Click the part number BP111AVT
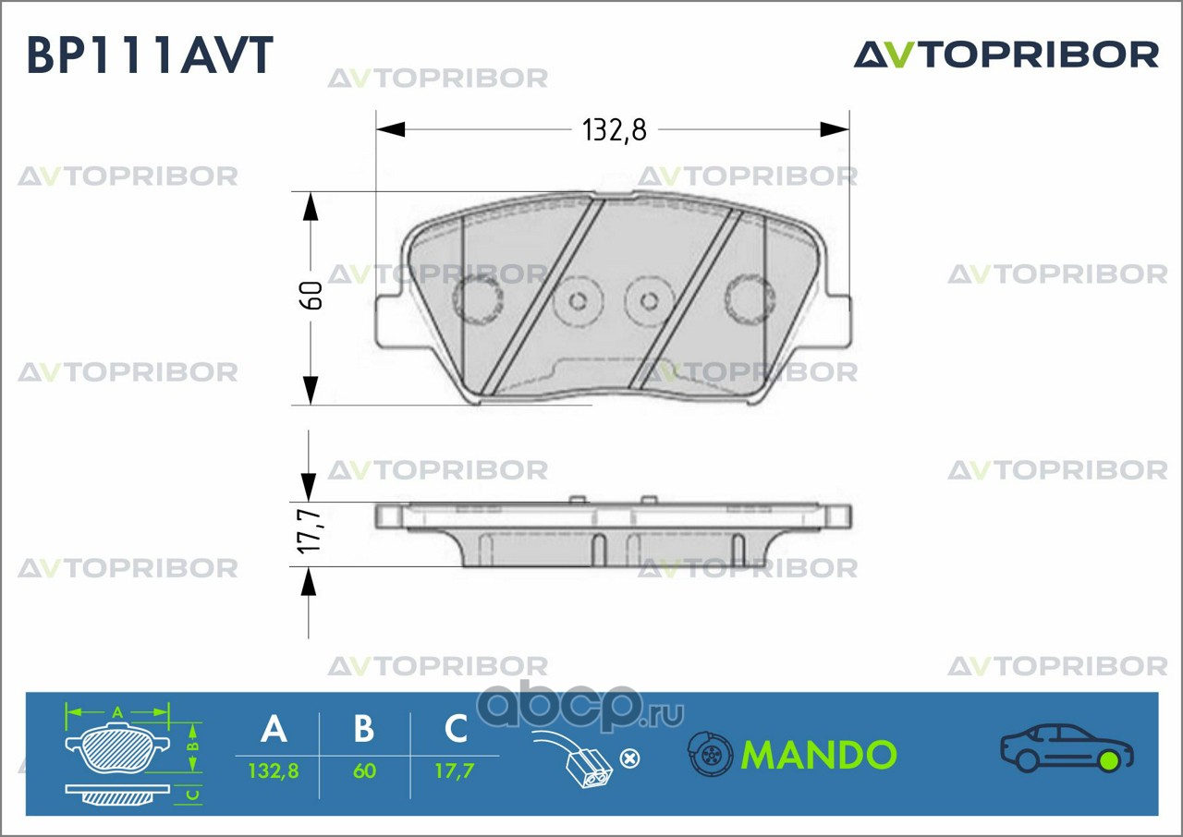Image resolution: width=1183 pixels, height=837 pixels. pyautogui.click(x=150, y=55)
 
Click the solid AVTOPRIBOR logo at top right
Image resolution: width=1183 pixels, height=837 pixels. pyautogui.click(x=1006, y=55)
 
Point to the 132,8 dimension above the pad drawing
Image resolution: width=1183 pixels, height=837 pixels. pyautogui.click(x=613, y=130)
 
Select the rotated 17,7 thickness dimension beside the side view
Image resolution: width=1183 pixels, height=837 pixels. pyautogui.click(x=310, y=532)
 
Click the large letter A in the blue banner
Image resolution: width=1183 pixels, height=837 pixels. pyautogui.click(x=274, y=729)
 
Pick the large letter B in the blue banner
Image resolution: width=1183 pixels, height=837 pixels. pyautogui.click(x=364, y=729)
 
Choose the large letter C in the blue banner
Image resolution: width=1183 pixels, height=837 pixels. pyautogui.click(x=456, y=729)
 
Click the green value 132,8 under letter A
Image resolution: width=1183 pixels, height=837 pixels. pyautogui.click(x=274, y=770)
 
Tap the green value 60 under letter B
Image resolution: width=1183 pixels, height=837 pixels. pyautogui.click(x=364, y=770)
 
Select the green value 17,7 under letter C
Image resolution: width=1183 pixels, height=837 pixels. pyautogui.click(x=454, y=770)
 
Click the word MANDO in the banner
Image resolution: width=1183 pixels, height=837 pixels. pyautogui.click(x=819, y=755)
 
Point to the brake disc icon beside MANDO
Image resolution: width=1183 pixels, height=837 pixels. pyautogui.click(x=710, y=755)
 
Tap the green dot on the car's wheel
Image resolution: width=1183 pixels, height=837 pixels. pyautogui.click(x=1108, y=760)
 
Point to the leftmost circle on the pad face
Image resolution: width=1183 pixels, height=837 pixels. pyautogui.click(x=478, y=297)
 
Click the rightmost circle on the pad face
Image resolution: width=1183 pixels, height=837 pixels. pyautogui.click(x=748, y=297)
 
